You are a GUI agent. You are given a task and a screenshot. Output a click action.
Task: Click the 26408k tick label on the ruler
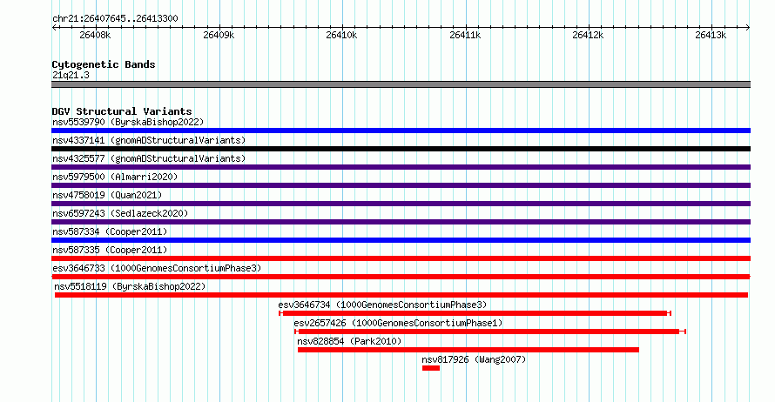[95, 36]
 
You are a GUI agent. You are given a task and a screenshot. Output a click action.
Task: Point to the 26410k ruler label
[341, 36]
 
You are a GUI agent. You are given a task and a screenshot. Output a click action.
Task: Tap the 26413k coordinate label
[711, 36]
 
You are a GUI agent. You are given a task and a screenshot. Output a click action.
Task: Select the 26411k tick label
[465, 36]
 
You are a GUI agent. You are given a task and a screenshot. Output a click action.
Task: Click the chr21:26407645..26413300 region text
[115, 18]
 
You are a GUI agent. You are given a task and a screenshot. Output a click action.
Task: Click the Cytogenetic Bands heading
[104, 64]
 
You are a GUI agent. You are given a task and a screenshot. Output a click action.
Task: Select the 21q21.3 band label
[71, 75]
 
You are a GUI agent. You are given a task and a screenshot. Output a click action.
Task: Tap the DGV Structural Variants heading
[121, 111]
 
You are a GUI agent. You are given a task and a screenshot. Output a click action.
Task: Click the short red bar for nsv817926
[431, 368]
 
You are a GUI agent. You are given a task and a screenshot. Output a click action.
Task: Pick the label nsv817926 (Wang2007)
[474, 359]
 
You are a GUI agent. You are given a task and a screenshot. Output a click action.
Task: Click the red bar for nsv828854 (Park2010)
[468, 350]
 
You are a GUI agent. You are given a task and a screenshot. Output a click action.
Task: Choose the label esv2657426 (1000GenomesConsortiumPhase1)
[398, 323]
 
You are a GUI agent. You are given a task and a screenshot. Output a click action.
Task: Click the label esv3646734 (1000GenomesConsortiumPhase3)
[382, 305]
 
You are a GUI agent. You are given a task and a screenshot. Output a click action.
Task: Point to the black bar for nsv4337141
[401, 149]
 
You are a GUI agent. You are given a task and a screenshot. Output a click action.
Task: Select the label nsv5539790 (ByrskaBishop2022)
[128, 122]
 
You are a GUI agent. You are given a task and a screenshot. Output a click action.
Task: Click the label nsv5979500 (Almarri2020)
[115, 177]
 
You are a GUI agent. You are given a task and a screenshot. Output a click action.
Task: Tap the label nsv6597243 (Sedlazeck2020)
[120, 213]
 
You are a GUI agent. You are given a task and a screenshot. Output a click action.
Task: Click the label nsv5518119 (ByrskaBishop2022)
[130, 286]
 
